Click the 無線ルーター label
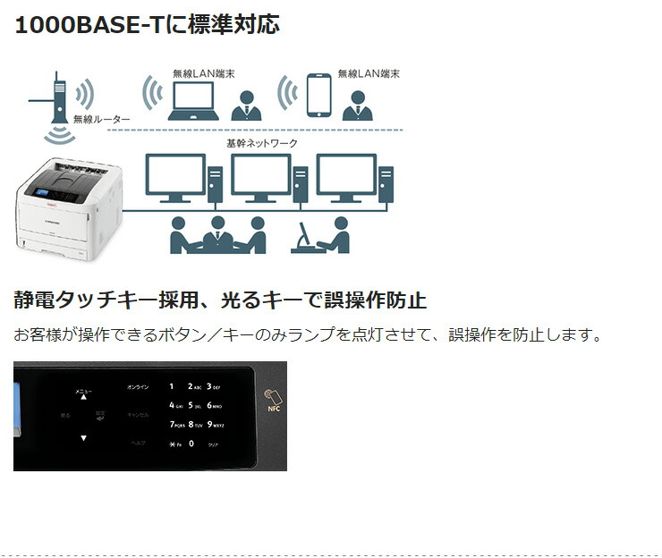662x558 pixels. tap(102, 119)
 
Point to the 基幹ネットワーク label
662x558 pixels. tap(261, 143)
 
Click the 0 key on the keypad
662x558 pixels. tap(191, 443)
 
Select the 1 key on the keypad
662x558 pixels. tap(172, 386)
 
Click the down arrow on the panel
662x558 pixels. tap(83, 438)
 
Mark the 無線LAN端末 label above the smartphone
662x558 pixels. tap(368, 73)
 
